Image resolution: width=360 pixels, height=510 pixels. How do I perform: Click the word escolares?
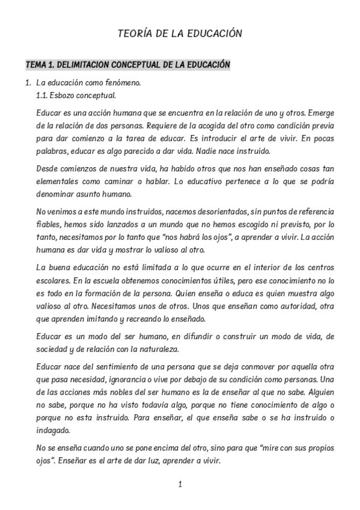[x=53, y=280]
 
